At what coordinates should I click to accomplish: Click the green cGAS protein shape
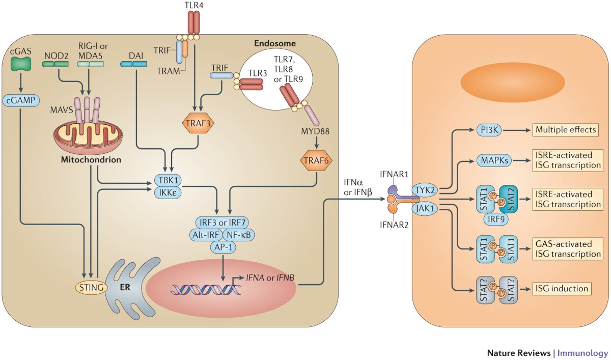pos(21,63)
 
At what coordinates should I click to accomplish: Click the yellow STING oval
pos(90,288)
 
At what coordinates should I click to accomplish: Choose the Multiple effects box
pos(565,130)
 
